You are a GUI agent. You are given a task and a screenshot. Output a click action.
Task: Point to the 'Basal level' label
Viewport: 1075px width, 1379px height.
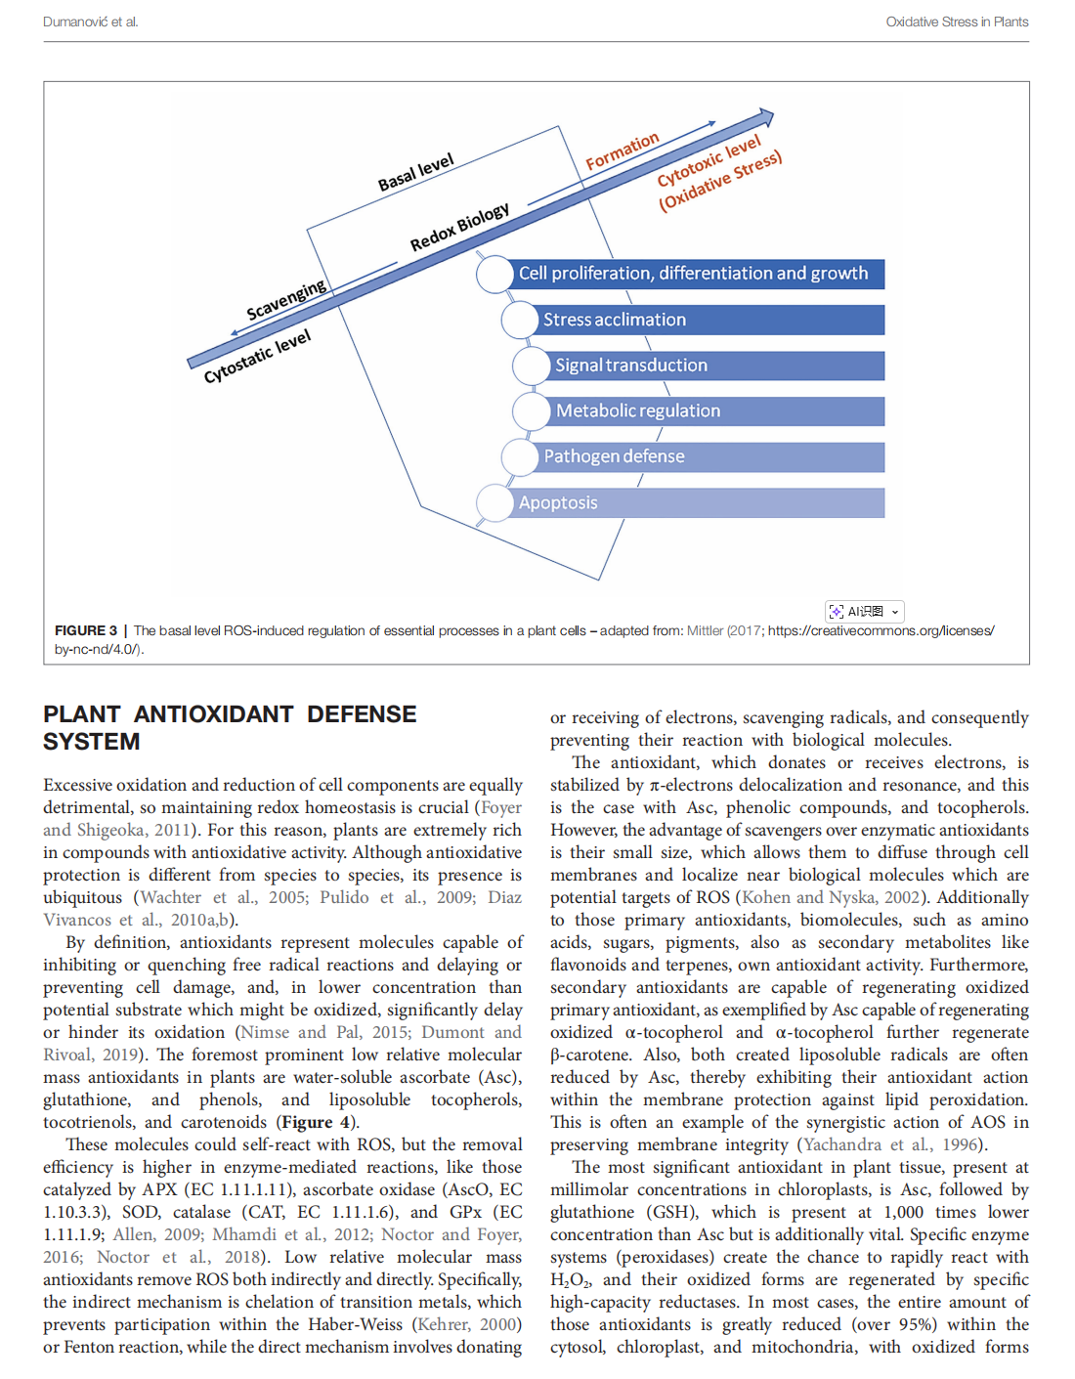pyautogui.click(x=416, y=172)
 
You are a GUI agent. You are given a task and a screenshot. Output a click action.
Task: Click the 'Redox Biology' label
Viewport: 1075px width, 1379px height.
pyautogui.click(x=459, y=227)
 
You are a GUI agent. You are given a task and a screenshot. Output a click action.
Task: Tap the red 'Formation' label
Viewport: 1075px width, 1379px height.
pyautogui.click(x=623, y=151)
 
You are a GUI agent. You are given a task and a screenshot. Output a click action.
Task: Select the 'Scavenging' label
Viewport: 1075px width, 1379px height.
pyautogui.click(x=286, y=300)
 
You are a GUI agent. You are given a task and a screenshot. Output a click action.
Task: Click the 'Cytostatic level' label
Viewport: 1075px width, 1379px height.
pyautogui.click(x=257, y=356)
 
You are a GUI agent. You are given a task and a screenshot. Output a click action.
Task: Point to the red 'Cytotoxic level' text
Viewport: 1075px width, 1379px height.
pyautogui.click(x=709, y=161)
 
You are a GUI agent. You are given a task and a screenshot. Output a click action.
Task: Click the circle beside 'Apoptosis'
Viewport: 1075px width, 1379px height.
pyautogui.click(x=494, y=503)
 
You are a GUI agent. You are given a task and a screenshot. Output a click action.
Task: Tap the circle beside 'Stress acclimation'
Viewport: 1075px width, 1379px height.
pyautogui.click(x=520, y=320)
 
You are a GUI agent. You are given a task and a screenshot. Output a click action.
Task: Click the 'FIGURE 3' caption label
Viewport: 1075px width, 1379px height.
pyautogui.click(x=86, y=630)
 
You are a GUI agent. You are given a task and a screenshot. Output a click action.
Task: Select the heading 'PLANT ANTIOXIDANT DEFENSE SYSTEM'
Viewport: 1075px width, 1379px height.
pyautogui.click(x=230, y=728)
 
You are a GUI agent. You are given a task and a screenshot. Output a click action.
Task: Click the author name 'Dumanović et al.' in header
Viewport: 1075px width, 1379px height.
pyautogui.click(x=90, y=22)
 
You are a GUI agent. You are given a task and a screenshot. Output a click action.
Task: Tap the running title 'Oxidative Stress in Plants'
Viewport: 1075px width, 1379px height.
pyautogui.click(x=957, y=22)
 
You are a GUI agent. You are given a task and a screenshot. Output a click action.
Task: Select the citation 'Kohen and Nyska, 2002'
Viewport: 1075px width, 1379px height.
pyautogui.click(x=830, y=897)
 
